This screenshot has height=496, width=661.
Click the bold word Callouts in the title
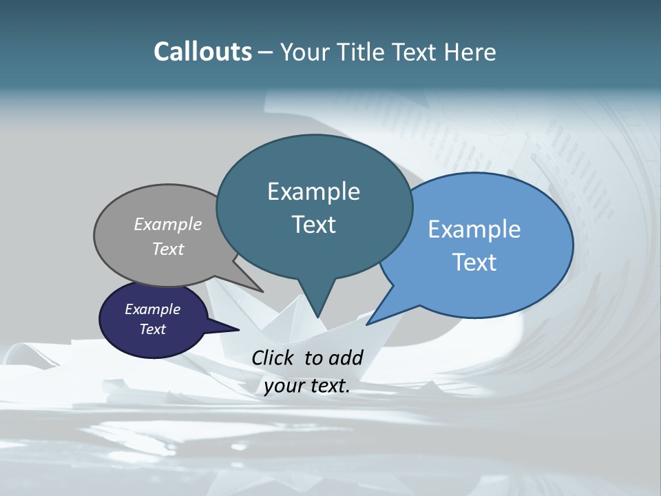(x=202, y=52)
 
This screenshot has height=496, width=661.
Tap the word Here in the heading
(x=469, y=52)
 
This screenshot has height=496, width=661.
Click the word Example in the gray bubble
(x=168, y=224)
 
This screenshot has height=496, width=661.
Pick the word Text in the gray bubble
(x=168, y=249)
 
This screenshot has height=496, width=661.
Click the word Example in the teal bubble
(x=313, y=192)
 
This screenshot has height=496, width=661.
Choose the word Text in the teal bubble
(x=313, y=225)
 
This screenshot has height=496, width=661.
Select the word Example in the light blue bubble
(x=474, y=229)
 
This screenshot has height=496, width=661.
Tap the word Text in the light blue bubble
(x=474, y=262)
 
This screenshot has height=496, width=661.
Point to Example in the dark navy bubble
(x=153, y=309)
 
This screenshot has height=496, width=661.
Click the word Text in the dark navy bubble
(x=153, y=329)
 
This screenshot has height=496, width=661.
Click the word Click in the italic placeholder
(x=273, y=358)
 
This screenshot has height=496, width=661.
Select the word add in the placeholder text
(x=345, y=358)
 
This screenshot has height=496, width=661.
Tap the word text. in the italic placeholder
(x=328, y=386)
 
